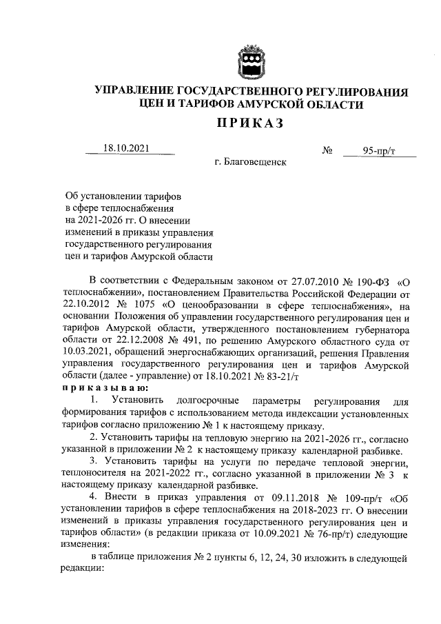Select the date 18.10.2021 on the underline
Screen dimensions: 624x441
[126, 148]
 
